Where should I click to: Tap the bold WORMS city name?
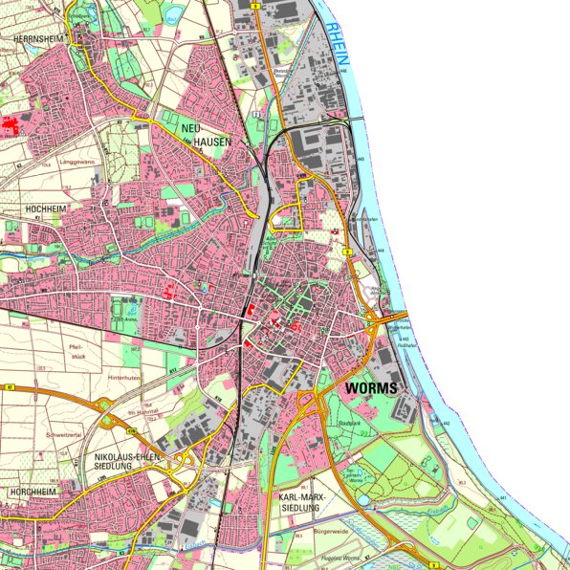[x=368, y=389]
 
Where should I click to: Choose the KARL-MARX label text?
[x=300, y=499]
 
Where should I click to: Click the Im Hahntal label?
[x=142, y=412]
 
